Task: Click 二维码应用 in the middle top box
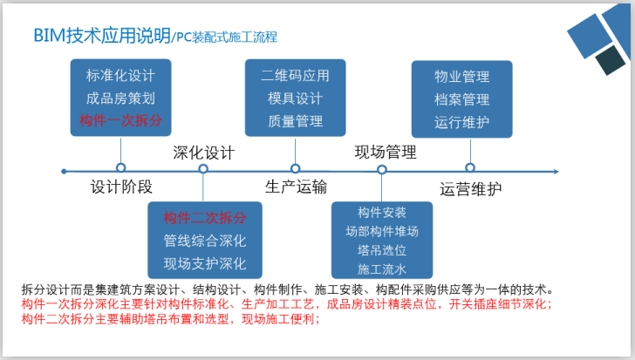pos(295,76)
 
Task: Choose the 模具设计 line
pos(295,98)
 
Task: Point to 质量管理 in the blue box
pos(295,119)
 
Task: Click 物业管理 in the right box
pos(461,77)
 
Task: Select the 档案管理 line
pos(461,98)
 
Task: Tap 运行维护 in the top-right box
pos(461,120)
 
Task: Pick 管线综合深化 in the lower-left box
pos(204,240)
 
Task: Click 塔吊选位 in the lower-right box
pos(381,250)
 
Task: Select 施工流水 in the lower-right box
pos(381,268)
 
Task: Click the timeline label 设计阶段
pos(121,187)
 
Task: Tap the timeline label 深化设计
pos(203,153)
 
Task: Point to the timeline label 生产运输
pos(296,186)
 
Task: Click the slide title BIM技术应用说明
pos(101,36)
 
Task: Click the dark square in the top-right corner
pos(612,59)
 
